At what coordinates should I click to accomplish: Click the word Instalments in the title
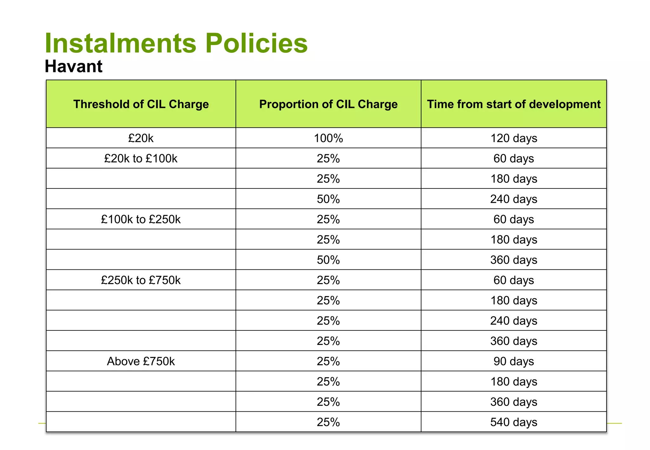[121, 43]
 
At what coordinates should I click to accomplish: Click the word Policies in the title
[256, 43]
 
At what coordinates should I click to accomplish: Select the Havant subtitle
[74, 66]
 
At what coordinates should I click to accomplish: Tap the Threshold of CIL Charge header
[141, 104]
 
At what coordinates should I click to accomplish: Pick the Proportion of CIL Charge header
[328, 104]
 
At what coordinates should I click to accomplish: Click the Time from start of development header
[514, 104]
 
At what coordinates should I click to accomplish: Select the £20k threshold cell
[141, 138]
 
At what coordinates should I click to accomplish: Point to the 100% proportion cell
[328, 138]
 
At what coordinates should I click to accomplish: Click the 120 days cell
[514, 138]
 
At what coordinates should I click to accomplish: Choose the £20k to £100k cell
[141, 158]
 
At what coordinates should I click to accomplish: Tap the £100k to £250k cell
[141, 219]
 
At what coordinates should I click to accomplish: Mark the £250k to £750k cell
[141, 280]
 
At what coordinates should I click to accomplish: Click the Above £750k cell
[141, 361]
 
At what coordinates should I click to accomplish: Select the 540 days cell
[514, 422]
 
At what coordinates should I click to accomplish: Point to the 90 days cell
[514, 361]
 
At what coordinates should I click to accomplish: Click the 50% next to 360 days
[328, 260]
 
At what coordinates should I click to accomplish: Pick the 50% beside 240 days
[328, 199]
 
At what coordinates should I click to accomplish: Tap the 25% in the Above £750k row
[328, 361]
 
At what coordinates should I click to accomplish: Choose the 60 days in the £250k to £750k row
[514, 280]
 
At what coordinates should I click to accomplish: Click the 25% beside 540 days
[328, 422]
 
